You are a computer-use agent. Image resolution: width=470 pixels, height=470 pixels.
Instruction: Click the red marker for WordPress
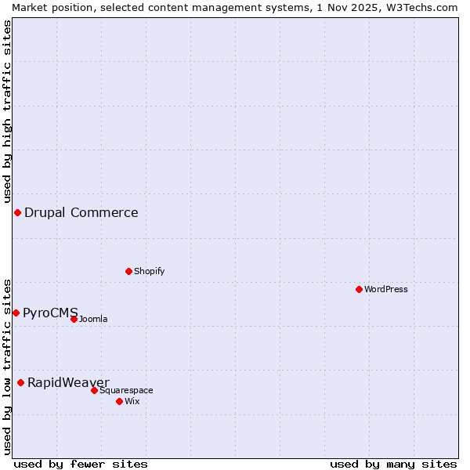point(359,289)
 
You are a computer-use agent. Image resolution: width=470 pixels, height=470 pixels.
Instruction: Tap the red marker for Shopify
point(128,271)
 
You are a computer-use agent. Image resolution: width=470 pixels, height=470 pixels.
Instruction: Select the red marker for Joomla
point(74,319)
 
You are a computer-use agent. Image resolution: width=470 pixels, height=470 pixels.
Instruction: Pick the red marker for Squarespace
point(94,390)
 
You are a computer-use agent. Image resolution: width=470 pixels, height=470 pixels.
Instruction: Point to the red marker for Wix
point(119,401)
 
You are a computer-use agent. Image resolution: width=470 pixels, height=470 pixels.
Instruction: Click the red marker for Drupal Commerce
point(17,213)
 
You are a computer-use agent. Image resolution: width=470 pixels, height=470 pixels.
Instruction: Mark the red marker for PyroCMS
point(16,313)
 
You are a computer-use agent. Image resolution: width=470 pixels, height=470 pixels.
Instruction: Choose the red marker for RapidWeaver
point(20,382)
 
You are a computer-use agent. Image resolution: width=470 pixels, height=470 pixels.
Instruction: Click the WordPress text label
point(386,289)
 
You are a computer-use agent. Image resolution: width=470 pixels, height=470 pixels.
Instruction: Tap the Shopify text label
point(149,271)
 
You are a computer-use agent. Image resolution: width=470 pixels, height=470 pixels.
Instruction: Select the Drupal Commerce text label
point(81,213)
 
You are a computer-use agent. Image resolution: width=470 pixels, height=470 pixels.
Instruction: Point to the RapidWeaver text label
point(68,382)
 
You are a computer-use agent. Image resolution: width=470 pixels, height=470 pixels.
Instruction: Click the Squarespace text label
point(126,390)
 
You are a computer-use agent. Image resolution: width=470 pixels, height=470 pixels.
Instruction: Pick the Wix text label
point(132,401)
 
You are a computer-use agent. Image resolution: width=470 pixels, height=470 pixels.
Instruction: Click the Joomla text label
point(93,319)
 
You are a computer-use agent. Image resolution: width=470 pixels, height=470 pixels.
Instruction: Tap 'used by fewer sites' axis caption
point(81,464)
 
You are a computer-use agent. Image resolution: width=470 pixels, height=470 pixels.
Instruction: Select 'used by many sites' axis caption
point(393,464)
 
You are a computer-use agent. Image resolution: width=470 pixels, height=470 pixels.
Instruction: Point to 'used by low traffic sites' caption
point(7,366)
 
